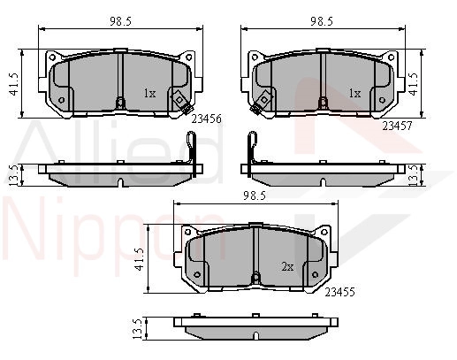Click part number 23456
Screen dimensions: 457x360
206,119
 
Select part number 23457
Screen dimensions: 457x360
397,126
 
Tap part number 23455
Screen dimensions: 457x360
339,292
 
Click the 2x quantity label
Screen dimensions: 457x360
287,267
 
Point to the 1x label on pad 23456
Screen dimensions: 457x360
149,94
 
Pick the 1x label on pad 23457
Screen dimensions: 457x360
355,94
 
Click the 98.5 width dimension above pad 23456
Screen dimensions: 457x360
120,21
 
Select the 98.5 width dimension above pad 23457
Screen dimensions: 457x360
322,21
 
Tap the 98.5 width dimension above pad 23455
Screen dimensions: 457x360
255,196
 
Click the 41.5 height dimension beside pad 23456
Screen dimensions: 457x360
14,84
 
